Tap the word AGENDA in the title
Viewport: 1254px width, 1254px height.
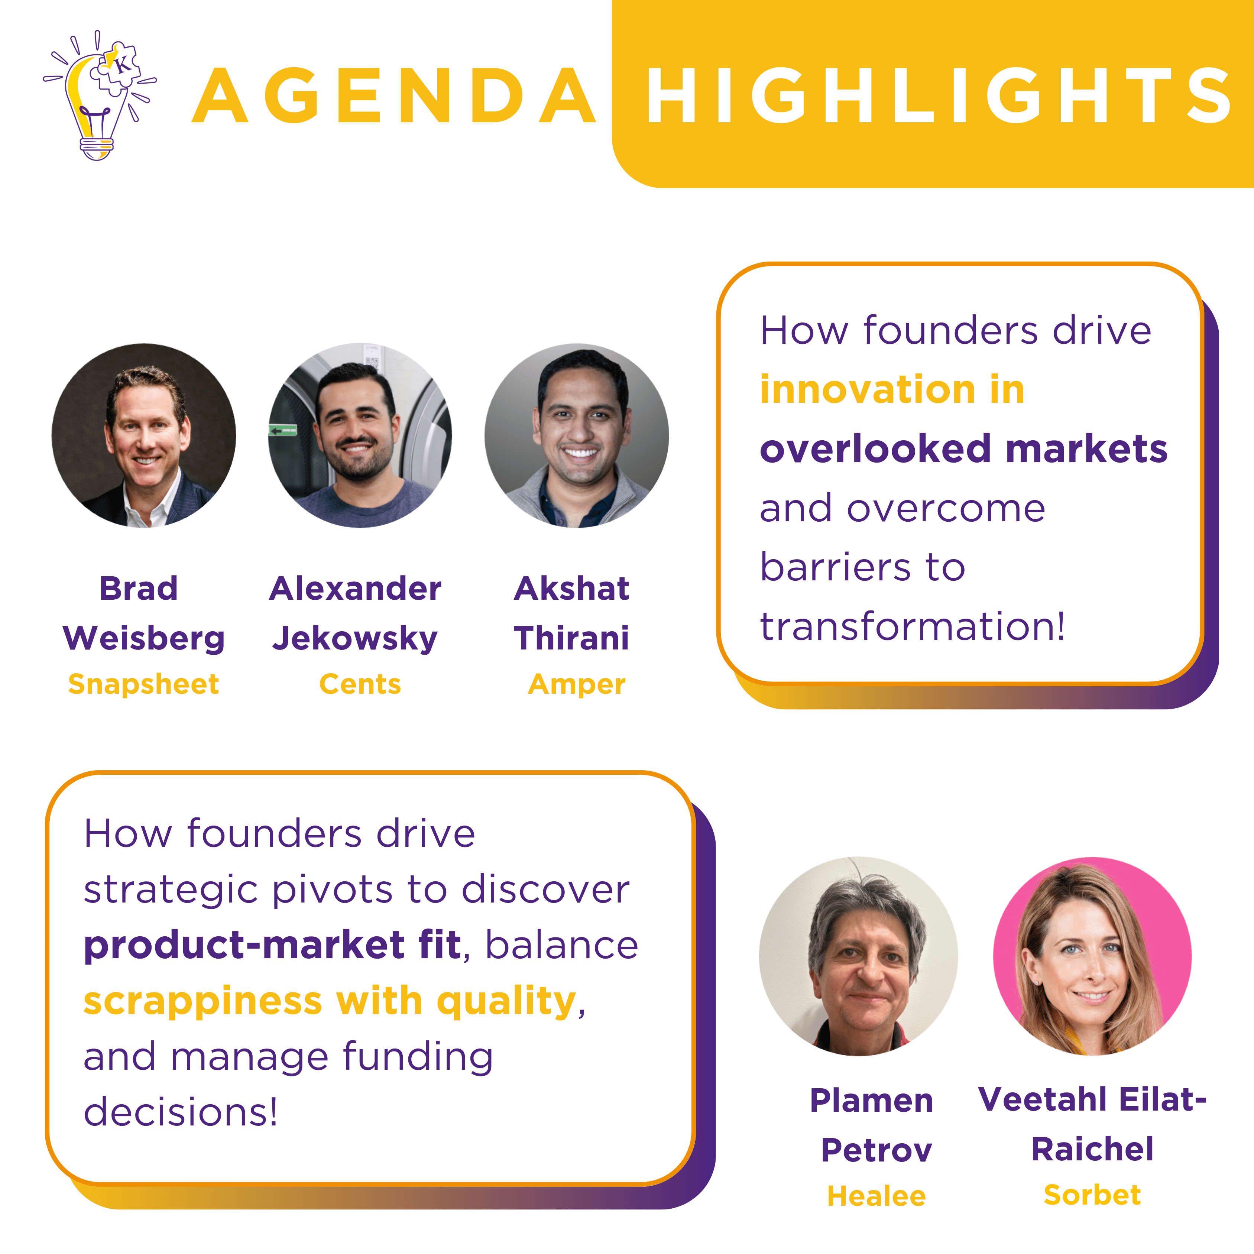[x=394, y=95]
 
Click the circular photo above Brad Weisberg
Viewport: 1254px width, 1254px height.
[x=144, y=435]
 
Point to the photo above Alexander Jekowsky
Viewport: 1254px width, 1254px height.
[x=360, y=435]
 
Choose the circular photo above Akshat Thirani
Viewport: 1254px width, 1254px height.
[x=576, y=435]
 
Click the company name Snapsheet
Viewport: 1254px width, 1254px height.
[x=143, y=684]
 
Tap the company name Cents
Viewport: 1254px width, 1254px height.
[x=360, y=684]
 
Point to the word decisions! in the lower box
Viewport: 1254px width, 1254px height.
[x=181, y=1112]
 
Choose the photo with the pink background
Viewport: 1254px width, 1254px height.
[x=1092, y=956]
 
